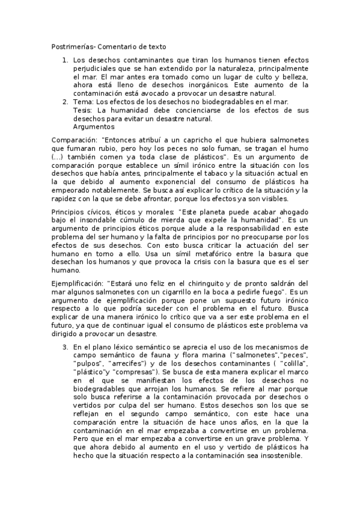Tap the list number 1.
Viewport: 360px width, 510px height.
point(65,61)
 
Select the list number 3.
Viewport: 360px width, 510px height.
point(65,347)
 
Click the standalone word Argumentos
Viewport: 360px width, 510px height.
point(93,127)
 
